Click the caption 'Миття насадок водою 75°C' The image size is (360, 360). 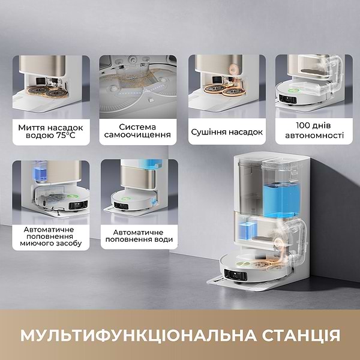[x=51, y=131]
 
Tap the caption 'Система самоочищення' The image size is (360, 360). [x=137, y=131]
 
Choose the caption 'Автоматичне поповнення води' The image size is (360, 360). [x=137, y=235]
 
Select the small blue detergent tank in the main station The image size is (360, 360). [x=247, y=232]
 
